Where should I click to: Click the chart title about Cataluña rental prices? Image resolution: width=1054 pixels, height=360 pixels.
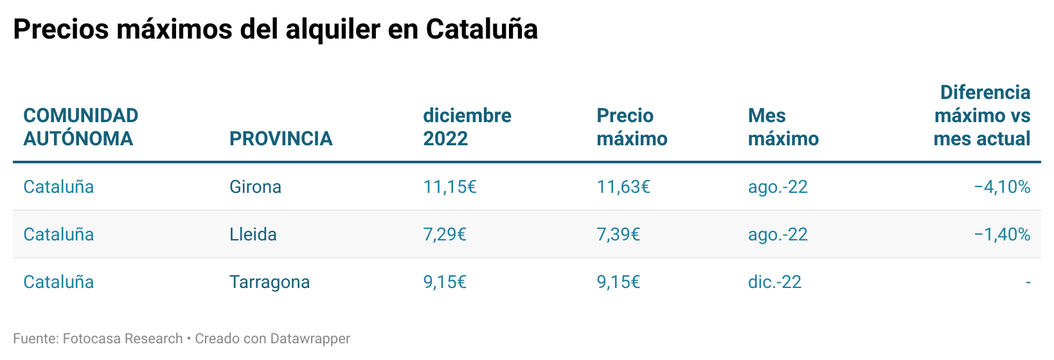(275, 29)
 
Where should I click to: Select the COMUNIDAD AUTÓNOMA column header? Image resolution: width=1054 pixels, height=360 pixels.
(81, 127)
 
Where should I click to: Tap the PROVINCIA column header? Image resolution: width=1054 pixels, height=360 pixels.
(281, 138)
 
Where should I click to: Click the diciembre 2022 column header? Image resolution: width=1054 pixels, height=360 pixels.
(467, 127)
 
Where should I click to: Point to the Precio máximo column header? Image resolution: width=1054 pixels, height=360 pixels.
(632, 127)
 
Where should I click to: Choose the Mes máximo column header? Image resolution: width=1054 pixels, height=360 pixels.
(783, 127)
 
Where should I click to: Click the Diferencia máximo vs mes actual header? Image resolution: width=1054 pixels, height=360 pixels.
(981, 116)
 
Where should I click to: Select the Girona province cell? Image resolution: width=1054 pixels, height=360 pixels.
(255, 187)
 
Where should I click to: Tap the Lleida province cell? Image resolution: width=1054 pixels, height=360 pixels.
(253, 234)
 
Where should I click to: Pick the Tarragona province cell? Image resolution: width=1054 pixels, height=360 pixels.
(269, 282)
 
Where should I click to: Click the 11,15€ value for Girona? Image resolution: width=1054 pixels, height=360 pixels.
(449, 187)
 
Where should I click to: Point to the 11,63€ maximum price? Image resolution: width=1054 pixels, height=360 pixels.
(623, 187)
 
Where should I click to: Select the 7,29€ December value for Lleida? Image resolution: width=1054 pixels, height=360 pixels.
(444, 234)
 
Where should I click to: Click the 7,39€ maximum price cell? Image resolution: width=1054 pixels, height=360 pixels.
(618, 234)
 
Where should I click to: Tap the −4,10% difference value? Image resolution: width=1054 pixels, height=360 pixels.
(1002, 187)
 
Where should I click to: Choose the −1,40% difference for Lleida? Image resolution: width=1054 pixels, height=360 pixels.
(1002, 234)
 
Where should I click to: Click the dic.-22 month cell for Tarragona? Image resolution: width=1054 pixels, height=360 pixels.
(774, 282)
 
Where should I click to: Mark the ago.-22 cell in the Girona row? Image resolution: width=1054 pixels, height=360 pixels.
(778, 187)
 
